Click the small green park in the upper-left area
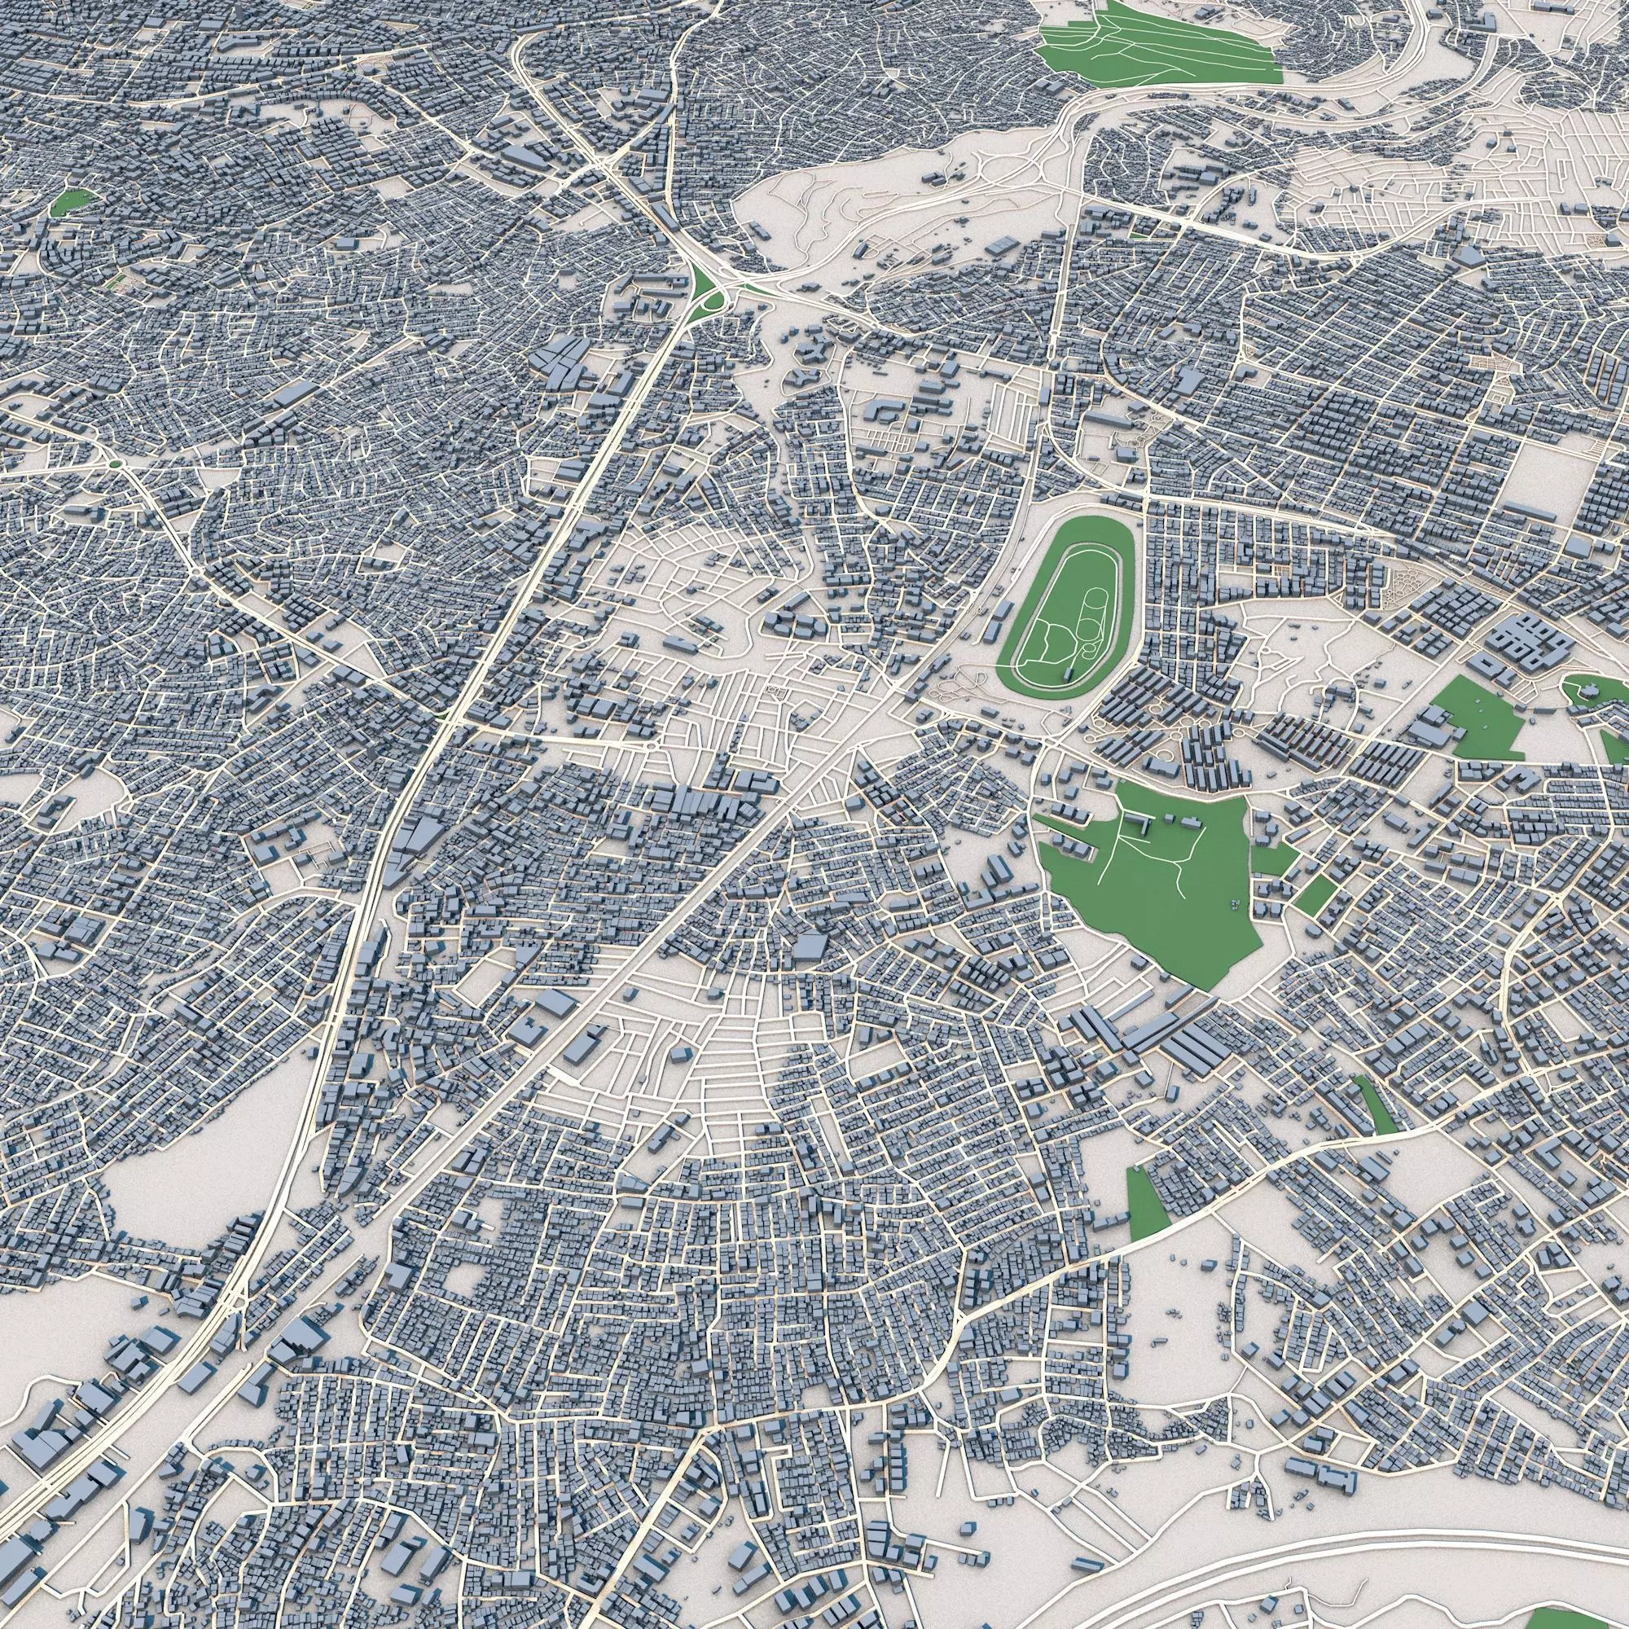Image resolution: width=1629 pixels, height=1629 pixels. pyautogui.click(x=71, y=202)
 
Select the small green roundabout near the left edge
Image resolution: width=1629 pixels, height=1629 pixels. pyautogui.click(x=115, y=463)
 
